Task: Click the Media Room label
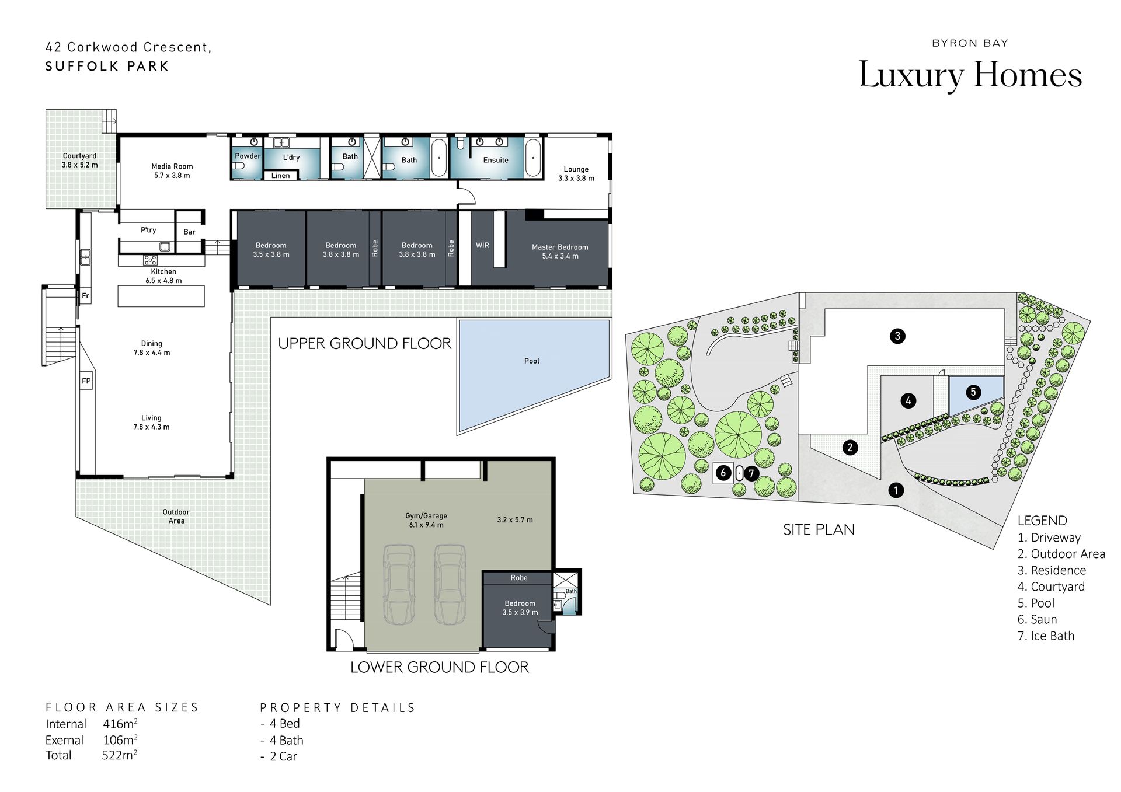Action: (172, 166)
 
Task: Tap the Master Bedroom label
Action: (560, 247)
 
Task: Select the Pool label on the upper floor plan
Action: (531, 361)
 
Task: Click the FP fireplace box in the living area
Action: (86, 381)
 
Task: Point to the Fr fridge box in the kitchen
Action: (85, 296)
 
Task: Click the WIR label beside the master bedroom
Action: (482, 245)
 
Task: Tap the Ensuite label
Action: (496, 160)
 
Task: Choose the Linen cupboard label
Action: (280, 176)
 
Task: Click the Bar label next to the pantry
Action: (189, 232)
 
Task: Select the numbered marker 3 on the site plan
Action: (897, 336)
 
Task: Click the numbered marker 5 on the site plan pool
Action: (973, 392)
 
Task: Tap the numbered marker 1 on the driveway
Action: (896, 490)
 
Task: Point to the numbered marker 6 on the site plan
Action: (723, 473)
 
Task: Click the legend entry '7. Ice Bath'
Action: (1046, 636)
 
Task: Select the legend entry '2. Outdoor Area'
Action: (1061, 554)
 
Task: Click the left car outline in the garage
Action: (399, 584)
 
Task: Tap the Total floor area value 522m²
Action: (120, 755)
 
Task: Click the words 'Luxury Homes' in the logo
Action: (970, 76)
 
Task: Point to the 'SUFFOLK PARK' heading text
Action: (107, 67)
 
